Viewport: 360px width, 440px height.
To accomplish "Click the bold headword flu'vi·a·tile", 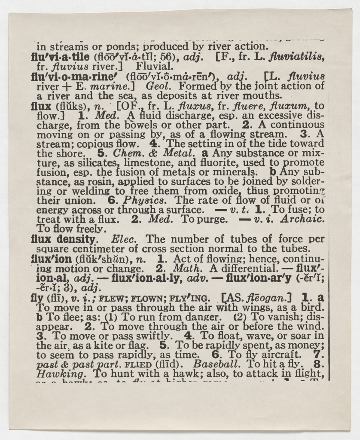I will [x=60, y=57].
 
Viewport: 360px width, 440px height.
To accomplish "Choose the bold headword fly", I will [x=37, y=298].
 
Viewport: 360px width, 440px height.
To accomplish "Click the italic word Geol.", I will [x=159, y=86].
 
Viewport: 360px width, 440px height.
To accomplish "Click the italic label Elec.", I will [x=124, y=239].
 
